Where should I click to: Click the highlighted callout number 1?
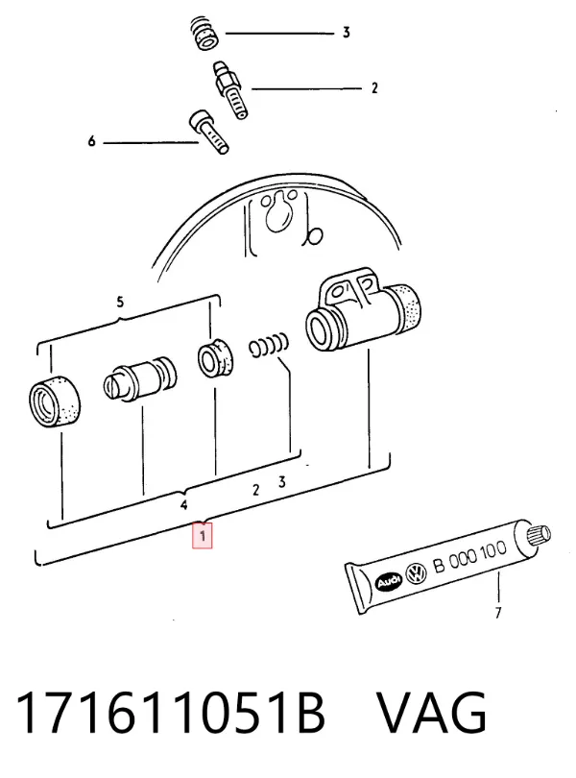[x=203, y=536]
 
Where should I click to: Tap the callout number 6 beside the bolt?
[x=91, y=141]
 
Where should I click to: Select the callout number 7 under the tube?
[x=498, y=613]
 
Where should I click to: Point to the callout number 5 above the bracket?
[x=120, y=302]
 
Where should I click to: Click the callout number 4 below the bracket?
[x=184, y=505]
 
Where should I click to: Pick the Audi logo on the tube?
[x=389, y=581]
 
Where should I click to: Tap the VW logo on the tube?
[x=417, y=574]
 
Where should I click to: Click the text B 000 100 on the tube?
[x=469, y=557]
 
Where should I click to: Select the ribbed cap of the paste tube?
[x=540, y=535]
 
